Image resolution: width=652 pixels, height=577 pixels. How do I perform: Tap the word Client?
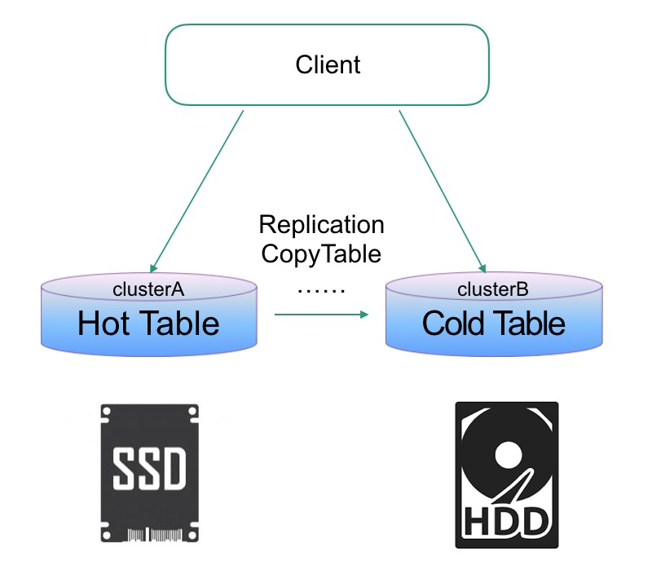[328, 64]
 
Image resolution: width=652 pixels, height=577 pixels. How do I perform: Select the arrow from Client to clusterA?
[198, 192]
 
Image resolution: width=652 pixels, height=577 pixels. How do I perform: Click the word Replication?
[321, 224]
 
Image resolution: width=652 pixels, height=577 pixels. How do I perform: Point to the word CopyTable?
[321, 253]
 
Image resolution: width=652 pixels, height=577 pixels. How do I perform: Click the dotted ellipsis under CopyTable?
[321, 290]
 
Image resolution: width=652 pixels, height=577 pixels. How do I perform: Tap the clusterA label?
[150, 289]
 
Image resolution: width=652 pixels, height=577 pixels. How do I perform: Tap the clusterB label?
[494, 289]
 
